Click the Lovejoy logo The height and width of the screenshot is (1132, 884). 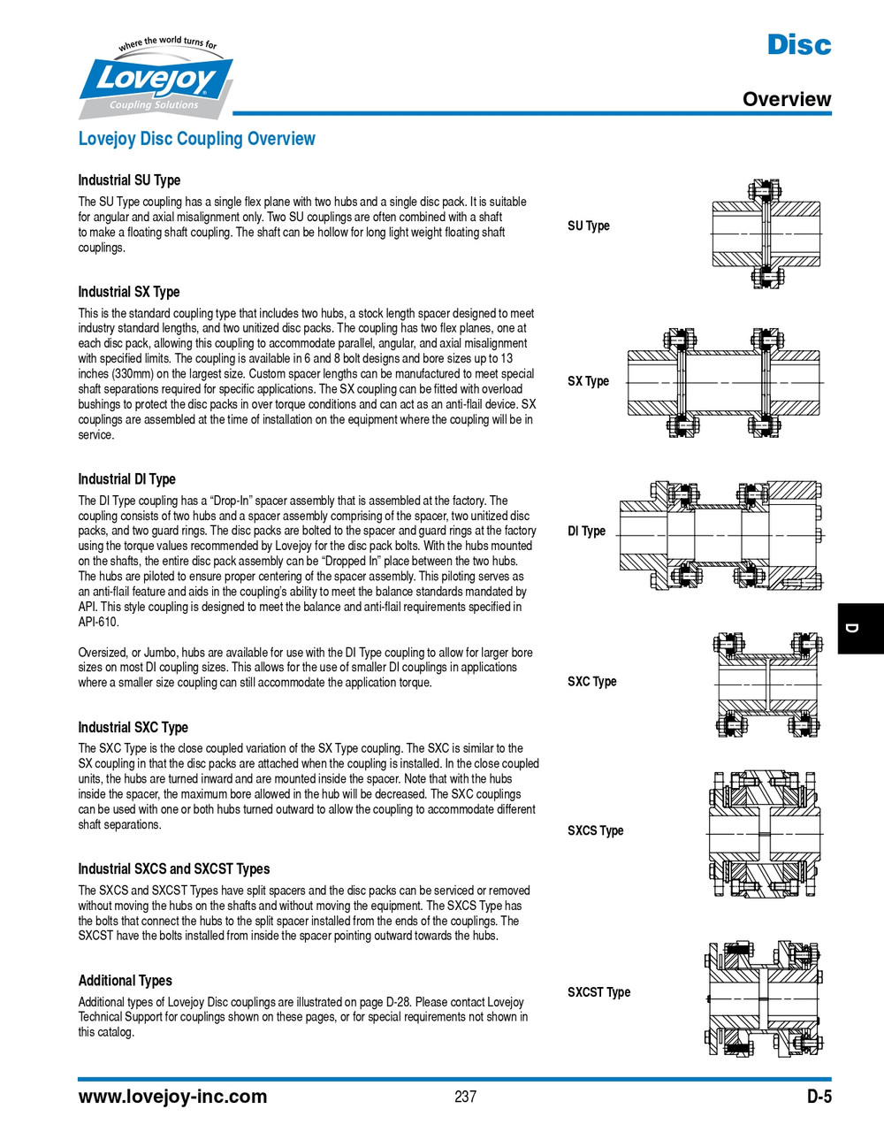pyautogui.click(x=156, y=80)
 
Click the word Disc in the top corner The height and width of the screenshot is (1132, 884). pyautogui.click(x=798, y=44)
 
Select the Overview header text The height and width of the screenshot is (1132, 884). pyautogui.click(x=786, y=99)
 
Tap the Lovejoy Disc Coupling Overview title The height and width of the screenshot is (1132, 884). pyautogui.click(x=196, y=139)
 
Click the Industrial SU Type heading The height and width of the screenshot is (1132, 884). pyautogui.click(x=129, y=180)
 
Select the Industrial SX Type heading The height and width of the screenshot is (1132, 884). pyautogui.click(x=129, y=292)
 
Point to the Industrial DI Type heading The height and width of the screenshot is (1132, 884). pyautogui.click(x=126, y=479)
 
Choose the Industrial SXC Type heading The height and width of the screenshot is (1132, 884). pyautogui.click(x=133, y=728)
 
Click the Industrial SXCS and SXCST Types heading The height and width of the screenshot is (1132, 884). pyautogui.click(x=174, y=869)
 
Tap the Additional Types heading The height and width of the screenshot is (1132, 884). pyautogui.click(x=125, y=981)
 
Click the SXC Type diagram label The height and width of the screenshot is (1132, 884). pyautogui.click(x=591, y=682)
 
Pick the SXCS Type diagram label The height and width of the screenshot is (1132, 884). pyautogui.click(x=595, y=831)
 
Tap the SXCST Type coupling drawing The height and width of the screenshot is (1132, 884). pyautogui.click(x=765, y=997)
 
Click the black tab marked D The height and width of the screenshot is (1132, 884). pyautogui.click(x=860, y=628)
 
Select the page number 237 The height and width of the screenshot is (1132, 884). pyautogui.click(x=465, y=1098)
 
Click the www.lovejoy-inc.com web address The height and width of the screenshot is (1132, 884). pyautogui.click(x=172, y=1098)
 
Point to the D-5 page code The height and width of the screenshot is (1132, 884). pyautogui.click(x=819, y=1098)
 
